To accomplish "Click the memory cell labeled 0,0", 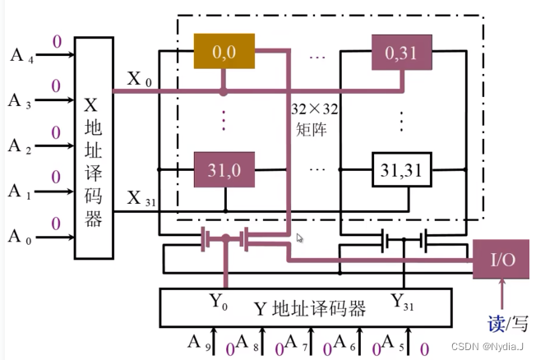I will click(x=224, y=53).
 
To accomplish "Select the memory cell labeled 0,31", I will click(x=402, y=53).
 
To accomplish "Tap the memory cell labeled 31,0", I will click(x=224, y=170).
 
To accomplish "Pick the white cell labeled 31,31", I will click(x=402, y=170).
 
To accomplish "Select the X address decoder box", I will click(x=92, y=147).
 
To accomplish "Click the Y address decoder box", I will click(x=307, y=308).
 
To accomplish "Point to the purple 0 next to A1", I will click(x=56, y=177).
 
